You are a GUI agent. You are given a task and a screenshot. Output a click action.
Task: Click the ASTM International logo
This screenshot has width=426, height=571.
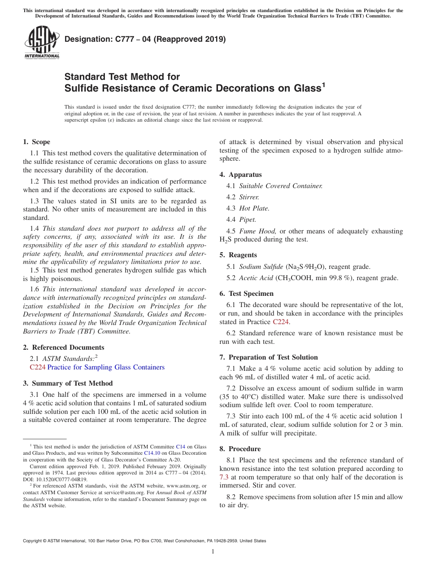tap(42, 42)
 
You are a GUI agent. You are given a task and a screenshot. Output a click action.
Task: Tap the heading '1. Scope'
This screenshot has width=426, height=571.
tap(36, 142)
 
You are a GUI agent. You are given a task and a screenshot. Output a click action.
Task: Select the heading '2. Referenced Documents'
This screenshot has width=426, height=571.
tap(63, 347)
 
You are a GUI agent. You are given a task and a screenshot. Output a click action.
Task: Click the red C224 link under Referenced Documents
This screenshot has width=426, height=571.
tap(38, 367)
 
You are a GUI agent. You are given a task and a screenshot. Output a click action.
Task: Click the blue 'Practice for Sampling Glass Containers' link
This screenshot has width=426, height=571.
tap(106, 367)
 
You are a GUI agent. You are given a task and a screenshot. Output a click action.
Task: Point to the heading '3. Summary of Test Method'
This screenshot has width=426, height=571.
tap(68, 383)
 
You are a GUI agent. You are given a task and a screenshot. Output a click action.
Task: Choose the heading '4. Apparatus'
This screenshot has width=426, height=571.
tap(240, 175)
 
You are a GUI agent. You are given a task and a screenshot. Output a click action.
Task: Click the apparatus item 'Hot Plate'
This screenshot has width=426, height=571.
tap(254, 208)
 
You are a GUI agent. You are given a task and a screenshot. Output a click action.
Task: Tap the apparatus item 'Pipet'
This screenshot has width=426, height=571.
tap(248, 220)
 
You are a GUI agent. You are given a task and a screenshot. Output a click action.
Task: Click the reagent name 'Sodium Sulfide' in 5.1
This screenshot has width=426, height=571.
tap(261, 267)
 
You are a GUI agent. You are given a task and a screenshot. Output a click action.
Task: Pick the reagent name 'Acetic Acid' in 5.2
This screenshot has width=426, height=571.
tap(256, 278)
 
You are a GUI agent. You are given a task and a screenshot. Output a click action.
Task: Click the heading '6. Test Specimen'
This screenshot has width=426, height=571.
tap(246, 294)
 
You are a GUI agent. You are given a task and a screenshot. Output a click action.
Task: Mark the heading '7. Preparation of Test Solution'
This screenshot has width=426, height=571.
tap(269, 357)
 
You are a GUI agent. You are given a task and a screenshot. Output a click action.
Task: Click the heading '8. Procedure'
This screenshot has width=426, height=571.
tap(240, 449)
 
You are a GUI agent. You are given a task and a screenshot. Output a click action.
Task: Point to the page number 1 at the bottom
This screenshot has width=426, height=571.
tap(213, 552)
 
